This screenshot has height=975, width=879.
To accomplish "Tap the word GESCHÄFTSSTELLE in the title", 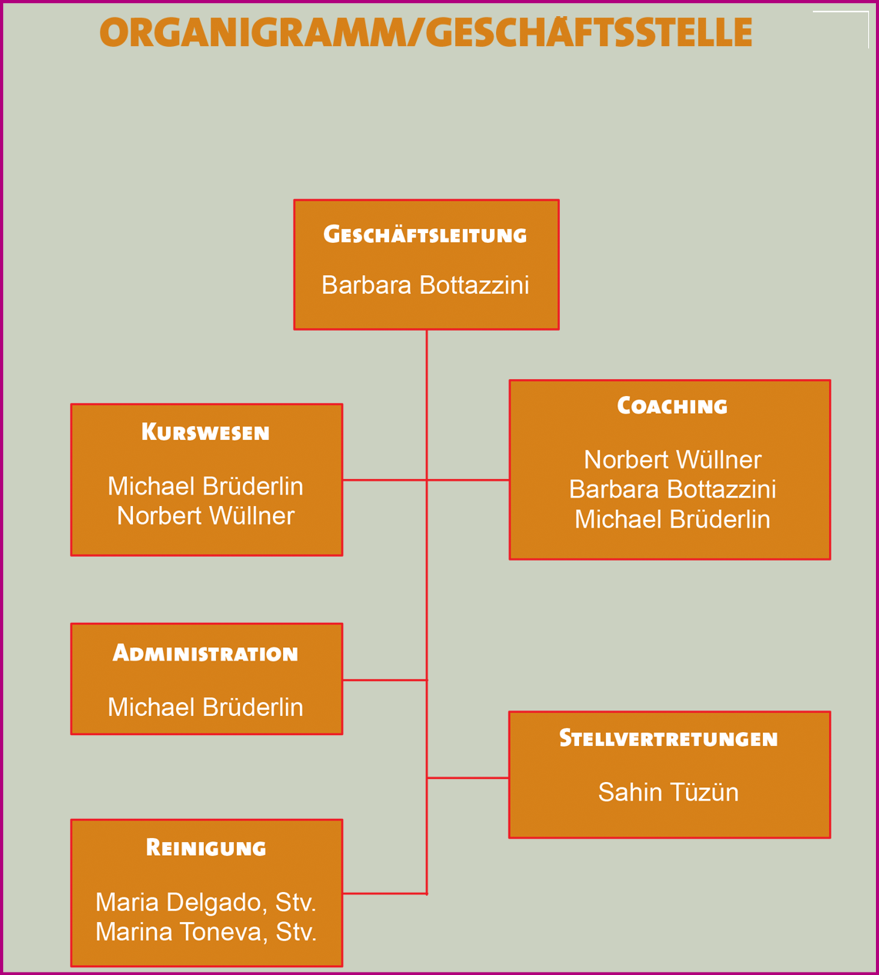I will click(588, 33).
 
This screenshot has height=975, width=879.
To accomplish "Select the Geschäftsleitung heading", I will click(425, 235).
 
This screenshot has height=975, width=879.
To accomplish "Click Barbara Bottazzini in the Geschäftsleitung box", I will click(425, 285).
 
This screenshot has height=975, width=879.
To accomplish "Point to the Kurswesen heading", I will click(205, 432).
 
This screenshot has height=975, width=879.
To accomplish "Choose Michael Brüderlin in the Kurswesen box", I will click(205, 486).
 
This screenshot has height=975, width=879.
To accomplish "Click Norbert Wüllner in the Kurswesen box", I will click(205, 516).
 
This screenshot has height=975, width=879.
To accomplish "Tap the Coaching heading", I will click(671, 406).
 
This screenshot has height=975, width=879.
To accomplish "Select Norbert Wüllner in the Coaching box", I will click(672, 460).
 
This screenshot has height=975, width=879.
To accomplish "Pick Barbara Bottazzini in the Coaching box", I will click(672, 490).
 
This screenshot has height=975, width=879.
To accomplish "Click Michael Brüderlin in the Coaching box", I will click(672, 520).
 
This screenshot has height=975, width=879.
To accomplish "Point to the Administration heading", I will click(205, 654).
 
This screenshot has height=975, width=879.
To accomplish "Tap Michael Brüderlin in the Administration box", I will click(205, 707).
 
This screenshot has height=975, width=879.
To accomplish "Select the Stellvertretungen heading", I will click(668, 739).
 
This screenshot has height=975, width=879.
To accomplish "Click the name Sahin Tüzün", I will click(668, 793).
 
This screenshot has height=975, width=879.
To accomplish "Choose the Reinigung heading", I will click(205, 848).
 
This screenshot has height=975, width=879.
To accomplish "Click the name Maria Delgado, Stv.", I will click(205, 902).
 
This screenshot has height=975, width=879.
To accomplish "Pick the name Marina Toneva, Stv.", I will click(205, 932).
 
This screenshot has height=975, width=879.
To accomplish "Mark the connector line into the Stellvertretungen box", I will click(468, 778).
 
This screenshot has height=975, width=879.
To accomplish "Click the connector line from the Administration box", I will click(385, 680).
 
